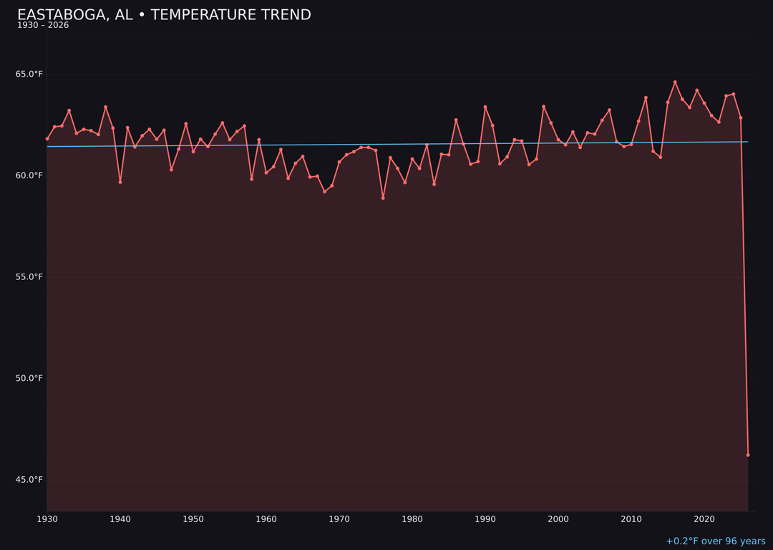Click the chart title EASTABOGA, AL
(164, 15)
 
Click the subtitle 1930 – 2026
(43, 26)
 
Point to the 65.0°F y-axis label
(29, 74)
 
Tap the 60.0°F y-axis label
(29, 175)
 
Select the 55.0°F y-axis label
(29, 277)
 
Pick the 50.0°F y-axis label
(29, 378)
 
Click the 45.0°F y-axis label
(29, 480)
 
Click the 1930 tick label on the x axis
(47, 519)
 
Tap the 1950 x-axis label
(193, 519)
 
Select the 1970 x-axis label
(339, 519)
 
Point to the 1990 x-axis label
(485, 519)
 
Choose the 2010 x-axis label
(631, 519)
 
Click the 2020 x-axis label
(704, 519)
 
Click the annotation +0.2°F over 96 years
(715, 541)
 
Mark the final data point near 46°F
(748, 455)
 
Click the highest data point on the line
(675, 82)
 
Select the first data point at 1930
(47, 139)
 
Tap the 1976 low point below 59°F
(383, 198)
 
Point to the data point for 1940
(120, 182)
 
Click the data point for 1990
(485, 107)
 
